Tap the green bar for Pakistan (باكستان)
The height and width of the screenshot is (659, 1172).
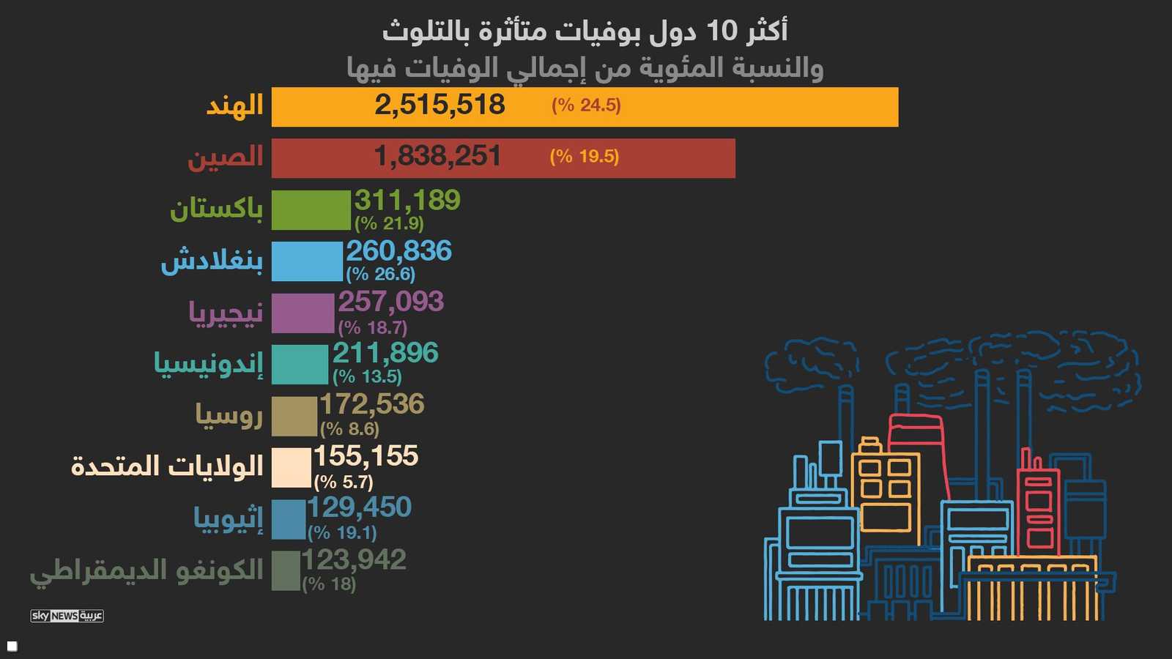(x=311, y=210)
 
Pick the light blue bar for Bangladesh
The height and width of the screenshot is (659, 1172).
(x=307, y=261)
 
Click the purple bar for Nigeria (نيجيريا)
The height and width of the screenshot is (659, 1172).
(x=303, y=313)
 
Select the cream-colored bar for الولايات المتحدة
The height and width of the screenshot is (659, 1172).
(x=291, y=467)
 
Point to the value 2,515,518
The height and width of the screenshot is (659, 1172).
(x=439, y=105)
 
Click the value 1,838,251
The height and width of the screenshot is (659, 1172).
(x=437, y=156)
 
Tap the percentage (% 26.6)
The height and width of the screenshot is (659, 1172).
(x=380, y=274)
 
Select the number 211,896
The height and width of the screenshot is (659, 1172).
(x=385, y=353)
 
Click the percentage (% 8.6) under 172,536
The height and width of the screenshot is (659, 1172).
(x=349, y=428)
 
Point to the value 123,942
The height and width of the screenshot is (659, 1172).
(x=354, y=560)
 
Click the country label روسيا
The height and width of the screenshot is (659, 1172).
(x=229, y=415)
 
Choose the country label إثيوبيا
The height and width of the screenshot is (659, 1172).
(x=228, y=518)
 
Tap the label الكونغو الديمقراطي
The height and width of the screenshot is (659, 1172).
(x=146, y=570)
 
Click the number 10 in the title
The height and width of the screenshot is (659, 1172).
(x=721, y=31)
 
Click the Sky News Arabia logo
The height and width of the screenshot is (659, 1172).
(x=67, y=616)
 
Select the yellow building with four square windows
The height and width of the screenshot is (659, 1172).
(x=885, y=491)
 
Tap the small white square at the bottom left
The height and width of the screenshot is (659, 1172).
(x=12, y=646)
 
